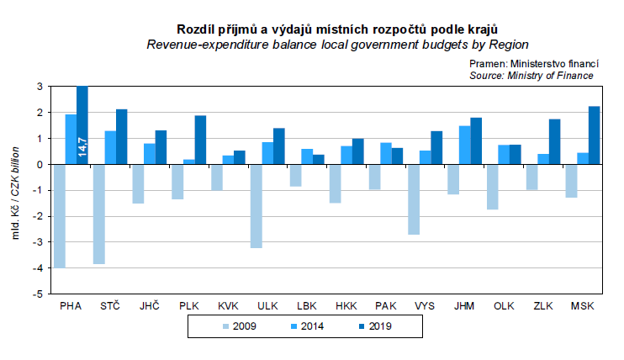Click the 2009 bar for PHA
(59, 215)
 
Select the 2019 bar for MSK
(595, 135)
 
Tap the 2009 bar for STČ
(98, 214)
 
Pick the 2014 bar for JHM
(465, 145)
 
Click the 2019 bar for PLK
(201, 140)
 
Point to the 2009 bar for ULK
(256, 206)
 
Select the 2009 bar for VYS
(414, 199)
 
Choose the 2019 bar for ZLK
(555, 141)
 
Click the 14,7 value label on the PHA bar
(82, 145)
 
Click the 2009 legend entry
(238, 326)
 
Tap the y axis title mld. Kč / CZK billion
(16, 190)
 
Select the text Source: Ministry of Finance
(531, 75)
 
